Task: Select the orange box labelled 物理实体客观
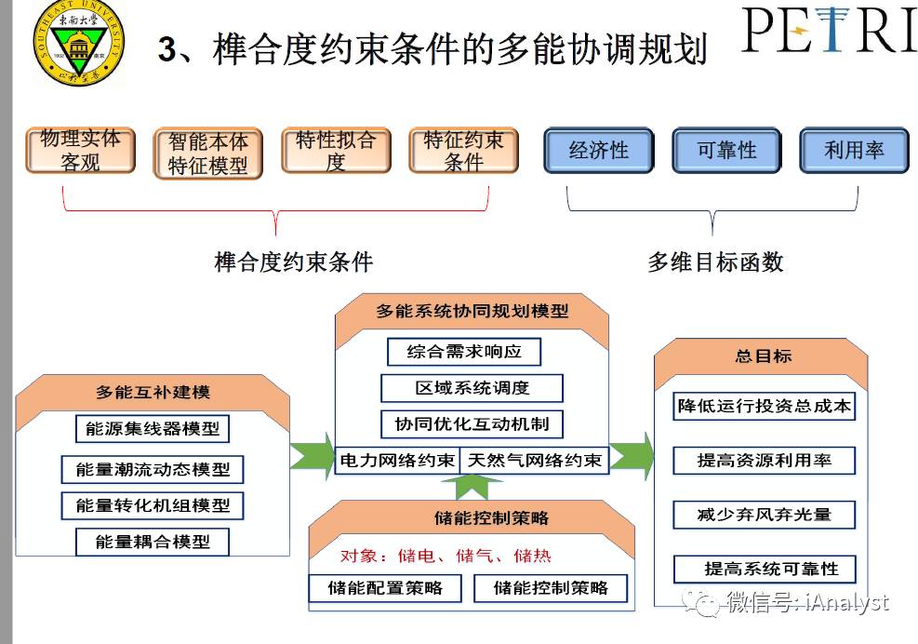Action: [80, 150]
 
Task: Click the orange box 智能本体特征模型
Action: [207, 154]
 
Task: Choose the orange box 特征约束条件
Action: [463, 151]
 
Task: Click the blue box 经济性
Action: [598, 150]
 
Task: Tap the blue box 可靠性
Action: [726, 150]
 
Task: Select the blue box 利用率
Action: [853, 150]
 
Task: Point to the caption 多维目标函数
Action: [715, 262]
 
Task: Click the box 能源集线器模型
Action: [153, 429]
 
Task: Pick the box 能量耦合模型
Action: [153, 542]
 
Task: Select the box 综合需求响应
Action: [463, 352]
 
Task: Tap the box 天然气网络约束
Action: [534, 460]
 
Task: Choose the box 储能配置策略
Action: [385, 587]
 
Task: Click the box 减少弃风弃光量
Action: [764, 514]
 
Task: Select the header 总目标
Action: [763, 356]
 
